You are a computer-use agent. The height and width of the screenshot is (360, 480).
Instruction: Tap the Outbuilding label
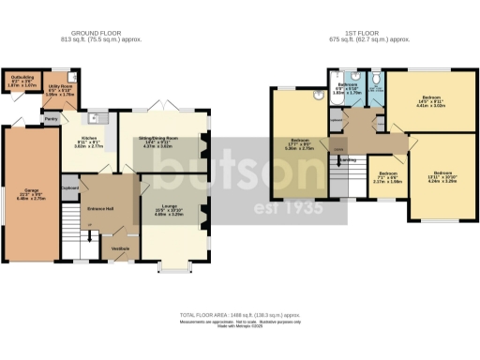17,82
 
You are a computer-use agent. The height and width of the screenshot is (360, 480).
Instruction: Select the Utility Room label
60,90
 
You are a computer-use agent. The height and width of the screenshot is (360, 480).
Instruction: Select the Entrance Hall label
101,209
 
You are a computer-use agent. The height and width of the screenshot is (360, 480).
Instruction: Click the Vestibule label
120,247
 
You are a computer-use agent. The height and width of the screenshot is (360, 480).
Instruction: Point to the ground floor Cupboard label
68,187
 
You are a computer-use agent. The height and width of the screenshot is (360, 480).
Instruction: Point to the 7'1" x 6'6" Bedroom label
387,179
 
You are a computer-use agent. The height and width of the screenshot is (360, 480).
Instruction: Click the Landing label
347,160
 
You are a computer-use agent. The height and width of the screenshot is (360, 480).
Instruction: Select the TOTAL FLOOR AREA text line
240,315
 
